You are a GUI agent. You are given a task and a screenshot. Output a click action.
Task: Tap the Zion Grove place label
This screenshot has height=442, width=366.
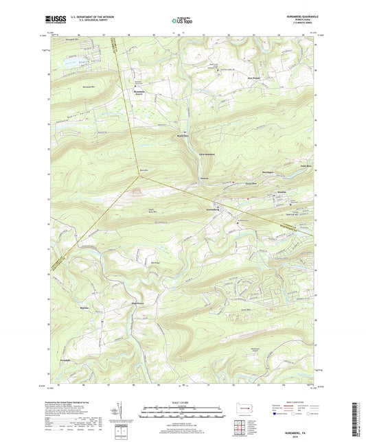pyautogui.click(x=138, y=303)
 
